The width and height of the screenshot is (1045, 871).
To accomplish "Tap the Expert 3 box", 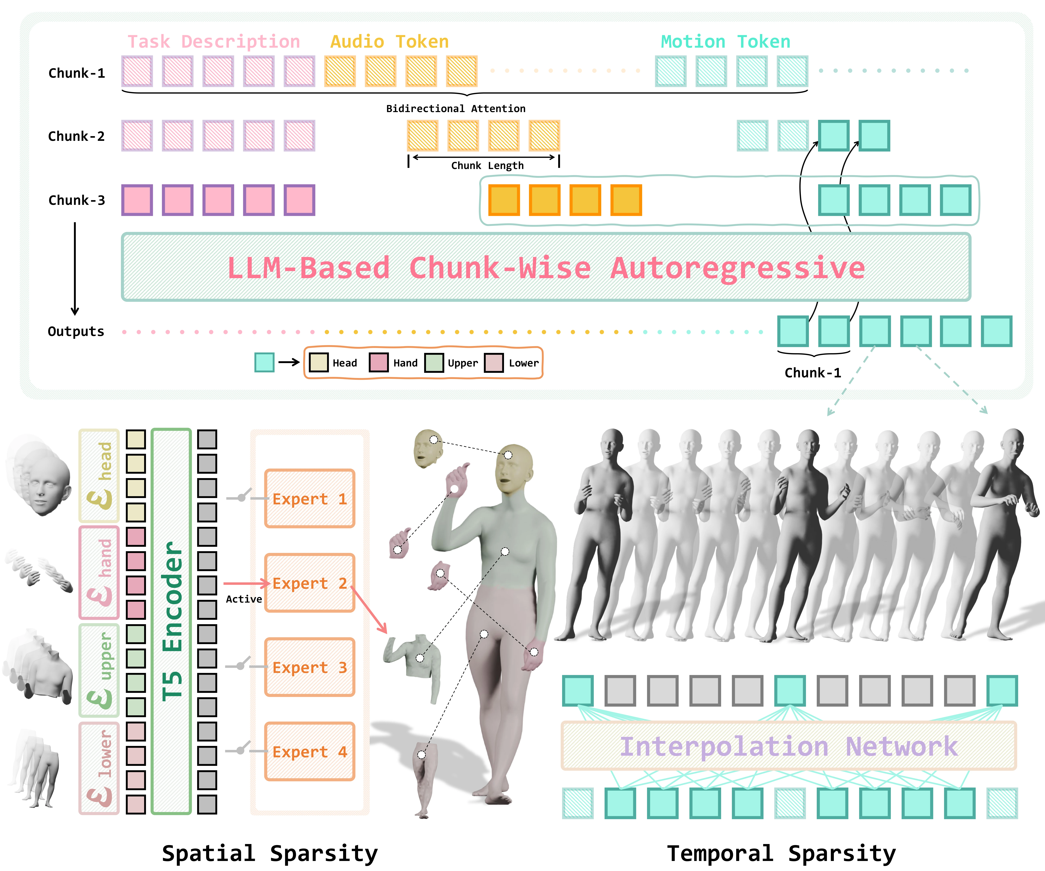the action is (310, 667).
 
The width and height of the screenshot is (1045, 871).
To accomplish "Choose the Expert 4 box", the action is (310, 751).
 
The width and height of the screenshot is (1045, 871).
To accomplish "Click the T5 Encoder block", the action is (171, 621).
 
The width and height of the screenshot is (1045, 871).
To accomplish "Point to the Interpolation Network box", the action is (789, 746).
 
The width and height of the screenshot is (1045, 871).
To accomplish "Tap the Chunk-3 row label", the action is (77, 200).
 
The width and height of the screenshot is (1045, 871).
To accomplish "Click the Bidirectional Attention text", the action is (456, 109).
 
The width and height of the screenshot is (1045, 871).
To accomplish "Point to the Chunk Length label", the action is (487, 166).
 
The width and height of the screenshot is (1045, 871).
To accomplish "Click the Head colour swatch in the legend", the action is (318, 362).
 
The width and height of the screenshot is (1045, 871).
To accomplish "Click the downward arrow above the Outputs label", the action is (75, 269).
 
